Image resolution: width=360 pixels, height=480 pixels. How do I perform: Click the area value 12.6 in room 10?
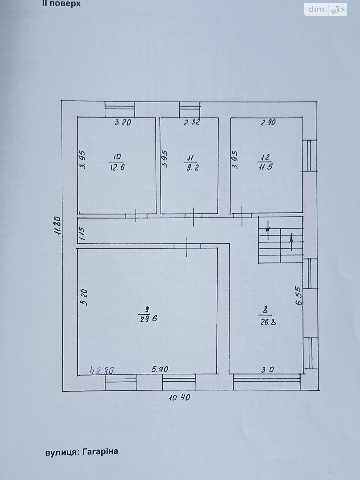coord(117,167)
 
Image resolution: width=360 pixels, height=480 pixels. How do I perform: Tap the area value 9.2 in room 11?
coord(192,168)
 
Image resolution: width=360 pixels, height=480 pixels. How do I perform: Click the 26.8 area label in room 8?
coord(268,322)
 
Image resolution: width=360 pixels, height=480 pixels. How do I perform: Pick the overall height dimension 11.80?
coord(58,226)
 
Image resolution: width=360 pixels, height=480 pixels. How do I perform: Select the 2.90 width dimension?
coord(268,122)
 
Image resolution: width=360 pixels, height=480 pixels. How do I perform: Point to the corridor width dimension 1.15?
coord(82,234)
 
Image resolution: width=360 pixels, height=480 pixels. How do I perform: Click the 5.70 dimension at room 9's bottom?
coord(160,369)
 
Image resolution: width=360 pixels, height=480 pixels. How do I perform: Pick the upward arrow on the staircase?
coord(291,242)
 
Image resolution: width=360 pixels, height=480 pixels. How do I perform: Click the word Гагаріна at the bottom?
coord(100,451)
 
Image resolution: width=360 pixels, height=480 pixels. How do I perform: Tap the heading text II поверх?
coord(61,4)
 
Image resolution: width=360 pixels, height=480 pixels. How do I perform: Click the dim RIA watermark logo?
coord(325,10)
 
